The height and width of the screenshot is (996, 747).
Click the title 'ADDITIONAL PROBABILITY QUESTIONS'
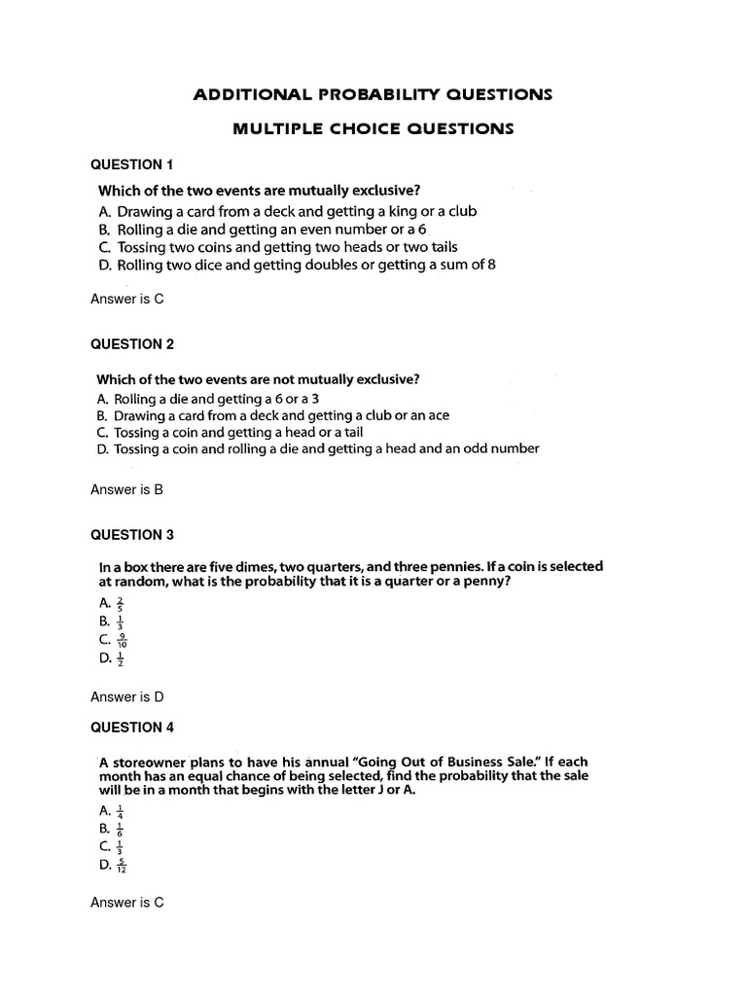click(373, 94)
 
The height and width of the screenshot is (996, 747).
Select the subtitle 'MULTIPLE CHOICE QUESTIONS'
click(373, 128)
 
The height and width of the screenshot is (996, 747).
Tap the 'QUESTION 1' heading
click(131, 164)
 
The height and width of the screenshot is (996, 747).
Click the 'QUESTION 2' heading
click(131, 343)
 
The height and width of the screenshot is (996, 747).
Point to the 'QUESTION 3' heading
click(131, 534)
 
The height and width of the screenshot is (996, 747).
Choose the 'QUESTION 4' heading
click(131, 727)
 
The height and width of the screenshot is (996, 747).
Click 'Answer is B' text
click(126, 489)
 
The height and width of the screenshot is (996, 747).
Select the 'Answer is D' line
click(126, 696)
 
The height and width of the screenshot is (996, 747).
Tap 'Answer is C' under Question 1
click(126, 299)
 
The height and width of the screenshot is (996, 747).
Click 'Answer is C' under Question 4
click(126, 902)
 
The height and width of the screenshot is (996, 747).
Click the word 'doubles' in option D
click(326, 265)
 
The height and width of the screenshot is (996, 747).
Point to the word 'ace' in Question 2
click(438, 415)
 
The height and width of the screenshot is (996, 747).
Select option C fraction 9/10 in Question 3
click(122, 640)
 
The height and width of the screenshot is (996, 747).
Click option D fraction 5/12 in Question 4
click(122, 865)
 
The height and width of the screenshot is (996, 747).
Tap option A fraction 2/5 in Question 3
click(120, 603)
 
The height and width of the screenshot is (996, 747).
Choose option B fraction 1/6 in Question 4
click(120, 829)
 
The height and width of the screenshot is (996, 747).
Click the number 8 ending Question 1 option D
click(491, 265)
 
